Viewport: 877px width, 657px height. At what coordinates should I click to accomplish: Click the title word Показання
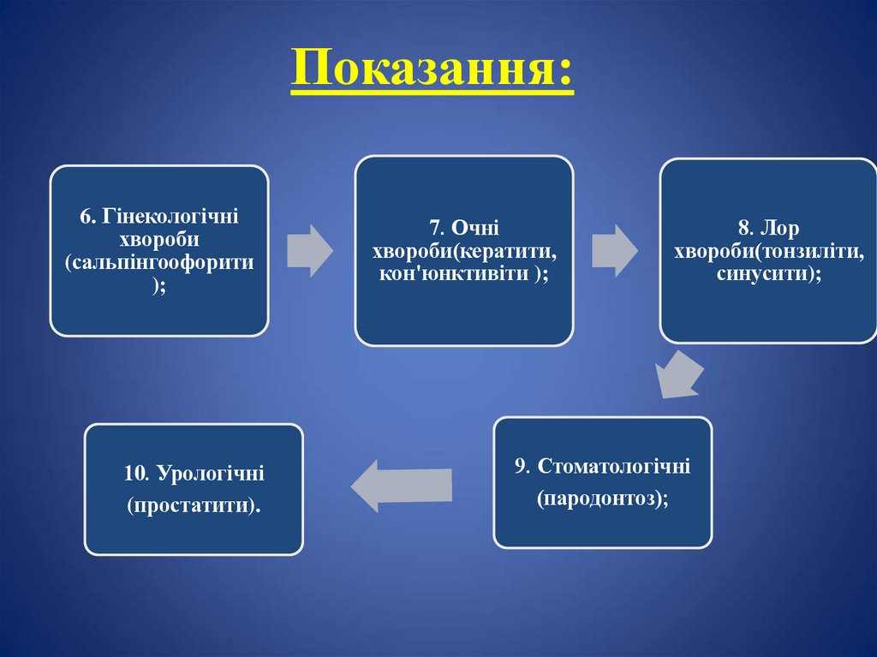(432, 71)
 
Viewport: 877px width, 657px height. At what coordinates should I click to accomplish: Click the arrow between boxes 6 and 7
(309, 250)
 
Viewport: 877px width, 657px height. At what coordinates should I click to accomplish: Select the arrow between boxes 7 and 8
(615, 250)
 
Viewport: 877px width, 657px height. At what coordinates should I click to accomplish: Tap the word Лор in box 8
(778, 228)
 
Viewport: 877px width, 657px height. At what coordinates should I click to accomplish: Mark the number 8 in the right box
(743, 228)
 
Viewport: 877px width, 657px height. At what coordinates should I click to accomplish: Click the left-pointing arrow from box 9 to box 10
(402, 485)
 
